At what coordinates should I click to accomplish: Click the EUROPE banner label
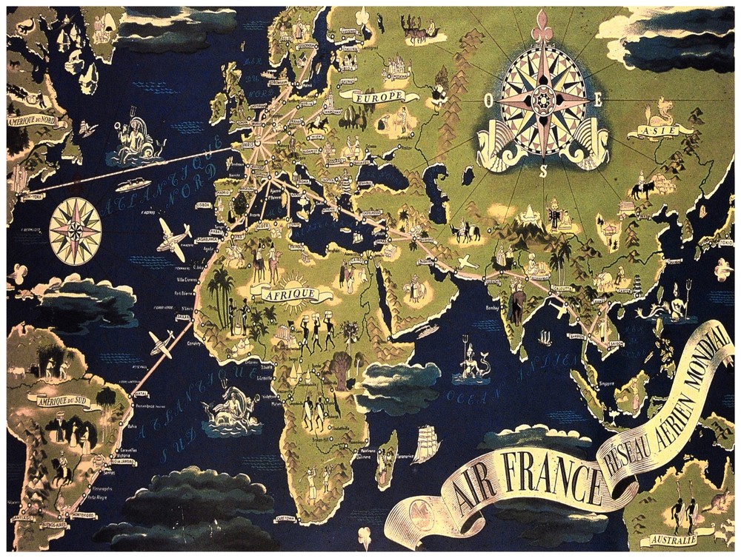(379, 97)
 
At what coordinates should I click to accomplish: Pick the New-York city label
(30, 197)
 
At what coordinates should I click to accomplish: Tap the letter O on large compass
(489, 101)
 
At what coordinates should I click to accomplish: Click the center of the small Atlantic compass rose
(76, 231)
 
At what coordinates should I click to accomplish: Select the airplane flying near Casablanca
(174, 238)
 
